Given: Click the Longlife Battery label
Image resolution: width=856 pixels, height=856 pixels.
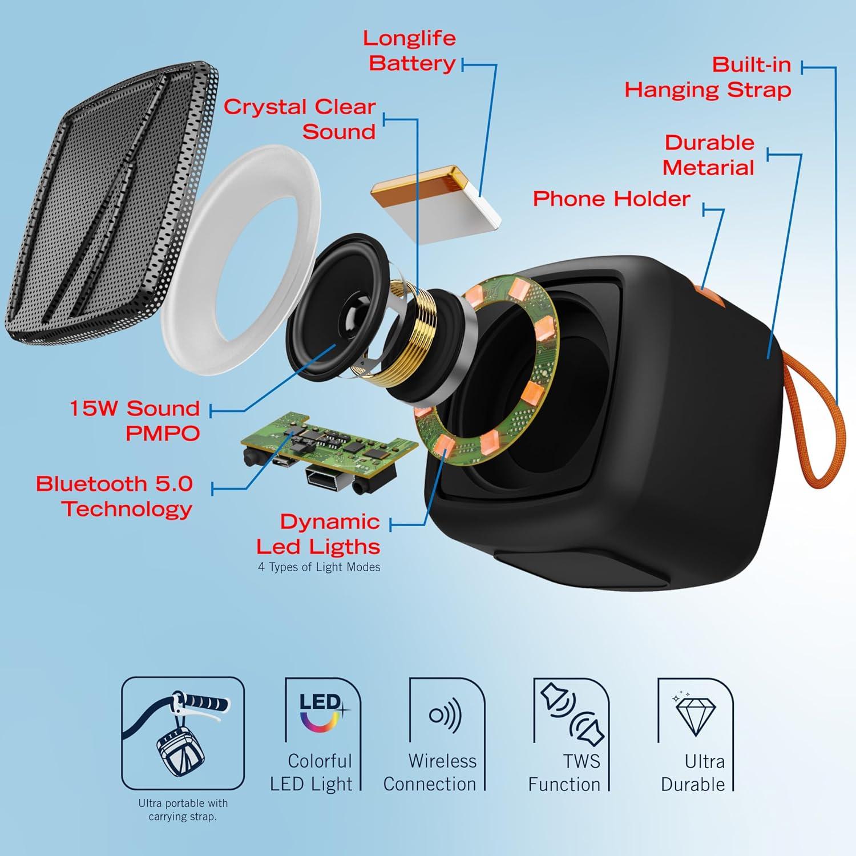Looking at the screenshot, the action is pos(409,51).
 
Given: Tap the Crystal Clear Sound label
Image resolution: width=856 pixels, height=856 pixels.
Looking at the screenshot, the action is pos(299,119).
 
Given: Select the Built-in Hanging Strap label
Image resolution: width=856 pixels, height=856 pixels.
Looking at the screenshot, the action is pos(708,77).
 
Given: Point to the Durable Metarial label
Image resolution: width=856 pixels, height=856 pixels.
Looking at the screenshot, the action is pos(708,155).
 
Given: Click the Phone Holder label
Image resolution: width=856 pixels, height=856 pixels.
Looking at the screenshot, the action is pos(611,199).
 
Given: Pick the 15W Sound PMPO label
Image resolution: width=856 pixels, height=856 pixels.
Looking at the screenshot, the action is pos(135,421).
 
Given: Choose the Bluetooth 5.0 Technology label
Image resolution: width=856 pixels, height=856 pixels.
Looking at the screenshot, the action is pos(114,496).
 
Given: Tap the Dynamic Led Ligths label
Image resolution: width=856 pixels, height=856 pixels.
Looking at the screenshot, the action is pos(318,534).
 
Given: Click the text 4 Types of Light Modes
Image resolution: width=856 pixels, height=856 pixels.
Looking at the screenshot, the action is pos(319,567).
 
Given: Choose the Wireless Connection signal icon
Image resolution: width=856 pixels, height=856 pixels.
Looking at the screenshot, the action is pos(445,714).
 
